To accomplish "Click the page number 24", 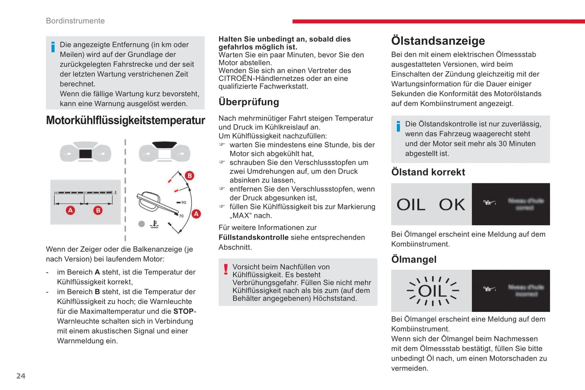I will pyautogui.click(x=21, y=376).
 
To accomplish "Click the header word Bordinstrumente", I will pyautogui.click(x=75, y=21).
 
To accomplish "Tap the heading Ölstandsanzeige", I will pyautogui.click(x=438, y=41).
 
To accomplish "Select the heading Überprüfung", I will pyautogui.click(x=249, y=102).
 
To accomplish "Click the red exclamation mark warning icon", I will pyautogui.click(x=225, y=269).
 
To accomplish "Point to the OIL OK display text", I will pyautogui.click(x=431, y=205).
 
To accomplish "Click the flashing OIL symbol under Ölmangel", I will pyautogui.click(x=432, y=290).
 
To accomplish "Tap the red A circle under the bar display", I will pyautogui.click(x=70, y=210).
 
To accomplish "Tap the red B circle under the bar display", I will pyautogui.click(x=98, y=210).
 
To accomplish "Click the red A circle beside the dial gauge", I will pyautogui.click(x=196, y=214).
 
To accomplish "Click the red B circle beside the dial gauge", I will pyautogui.click(x=189, y=176).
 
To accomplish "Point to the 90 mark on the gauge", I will pyautogui.click(x=183, y=202).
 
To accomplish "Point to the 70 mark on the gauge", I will pyautogui.click(x=181, y=216).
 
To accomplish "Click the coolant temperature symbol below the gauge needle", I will pyautogui.click(x=154, y=224).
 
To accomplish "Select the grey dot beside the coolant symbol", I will pyautogui.click(x=141, y=224).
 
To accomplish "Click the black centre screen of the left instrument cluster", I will pyautogui.click(x=85, y=154).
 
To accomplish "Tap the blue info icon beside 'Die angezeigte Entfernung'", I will pyautogui.click(x=53, y=47).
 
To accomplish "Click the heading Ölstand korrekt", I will pyautogui.click(x=428, y=172).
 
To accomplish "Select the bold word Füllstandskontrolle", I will pyautogui.click(x=253, y=237).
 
